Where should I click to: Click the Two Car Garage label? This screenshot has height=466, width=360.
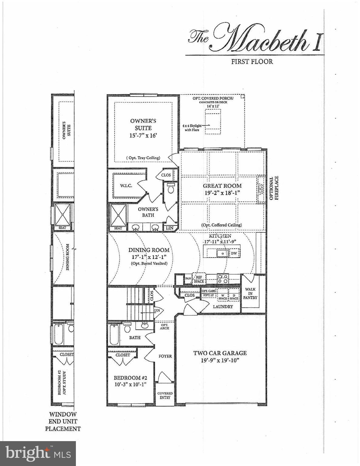[x=220, y=353]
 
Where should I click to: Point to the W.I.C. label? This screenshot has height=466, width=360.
[x=126, y=186]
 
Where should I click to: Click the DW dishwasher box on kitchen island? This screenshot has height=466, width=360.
[x=234, y=253]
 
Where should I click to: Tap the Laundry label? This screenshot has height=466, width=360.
[x=222, y=306]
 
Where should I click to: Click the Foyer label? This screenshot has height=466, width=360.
[x=165, y=356]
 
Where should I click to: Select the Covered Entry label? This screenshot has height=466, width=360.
[x=165, y=395]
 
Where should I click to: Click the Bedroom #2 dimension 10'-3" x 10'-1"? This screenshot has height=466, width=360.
[x=130, y=385]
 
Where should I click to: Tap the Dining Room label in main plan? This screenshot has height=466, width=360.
[x=149, y=250]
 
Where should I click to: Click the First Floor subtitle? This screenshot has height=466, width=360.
[x=252, y=62]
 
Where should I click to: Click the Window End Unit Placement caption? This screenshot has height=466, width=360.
[x=63, y=421]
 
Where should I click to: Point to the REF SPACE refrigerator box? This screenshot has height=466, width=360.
[x=199, y=279]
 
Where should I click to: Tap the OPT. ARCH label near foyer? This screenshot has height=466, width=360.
[x=165, y=326]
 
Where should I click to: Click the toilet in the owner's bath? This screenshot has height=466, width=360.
[x=171, y=188]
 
